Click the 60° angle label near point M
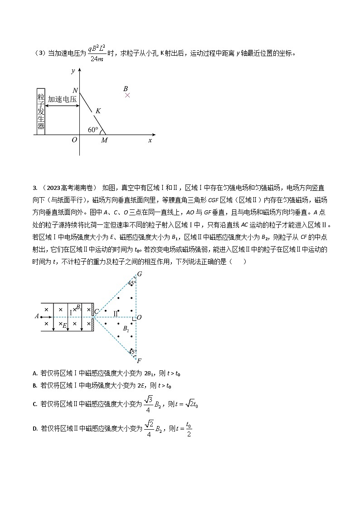coord(93,130)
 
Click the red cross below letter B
coord(127,95)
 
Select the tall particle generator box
coord(41,111)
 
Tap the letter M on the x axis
coord(104,141)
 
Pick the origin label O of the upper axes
coord(74,140)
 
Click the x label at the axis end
coord(150,141)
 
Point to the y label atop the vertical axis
coord(73,71)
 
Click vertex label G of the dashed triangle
coord(139,274)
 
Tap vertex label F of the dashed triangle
coord(139,361)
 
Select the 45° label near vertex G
coord(131,283)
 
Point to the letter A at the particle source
coord(36,317)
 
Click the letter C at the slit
coord(96,311)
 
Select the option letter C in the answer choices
coord(35,404)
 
